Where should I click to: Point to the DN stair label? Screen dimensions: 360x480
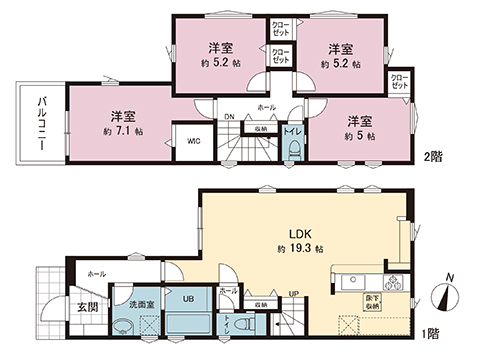click(x=228, y=116)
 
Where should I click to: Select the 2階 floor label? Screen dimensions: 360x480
click(x=432, y=157)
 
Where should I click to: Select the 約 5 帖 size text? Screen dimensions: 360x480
click(x=361, y=135)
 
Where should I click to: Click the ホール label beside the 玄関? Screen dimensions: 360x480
click(x=96, y=273)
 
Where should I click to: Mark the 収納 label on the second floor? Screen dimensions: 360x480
click(x=259, y=128)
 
